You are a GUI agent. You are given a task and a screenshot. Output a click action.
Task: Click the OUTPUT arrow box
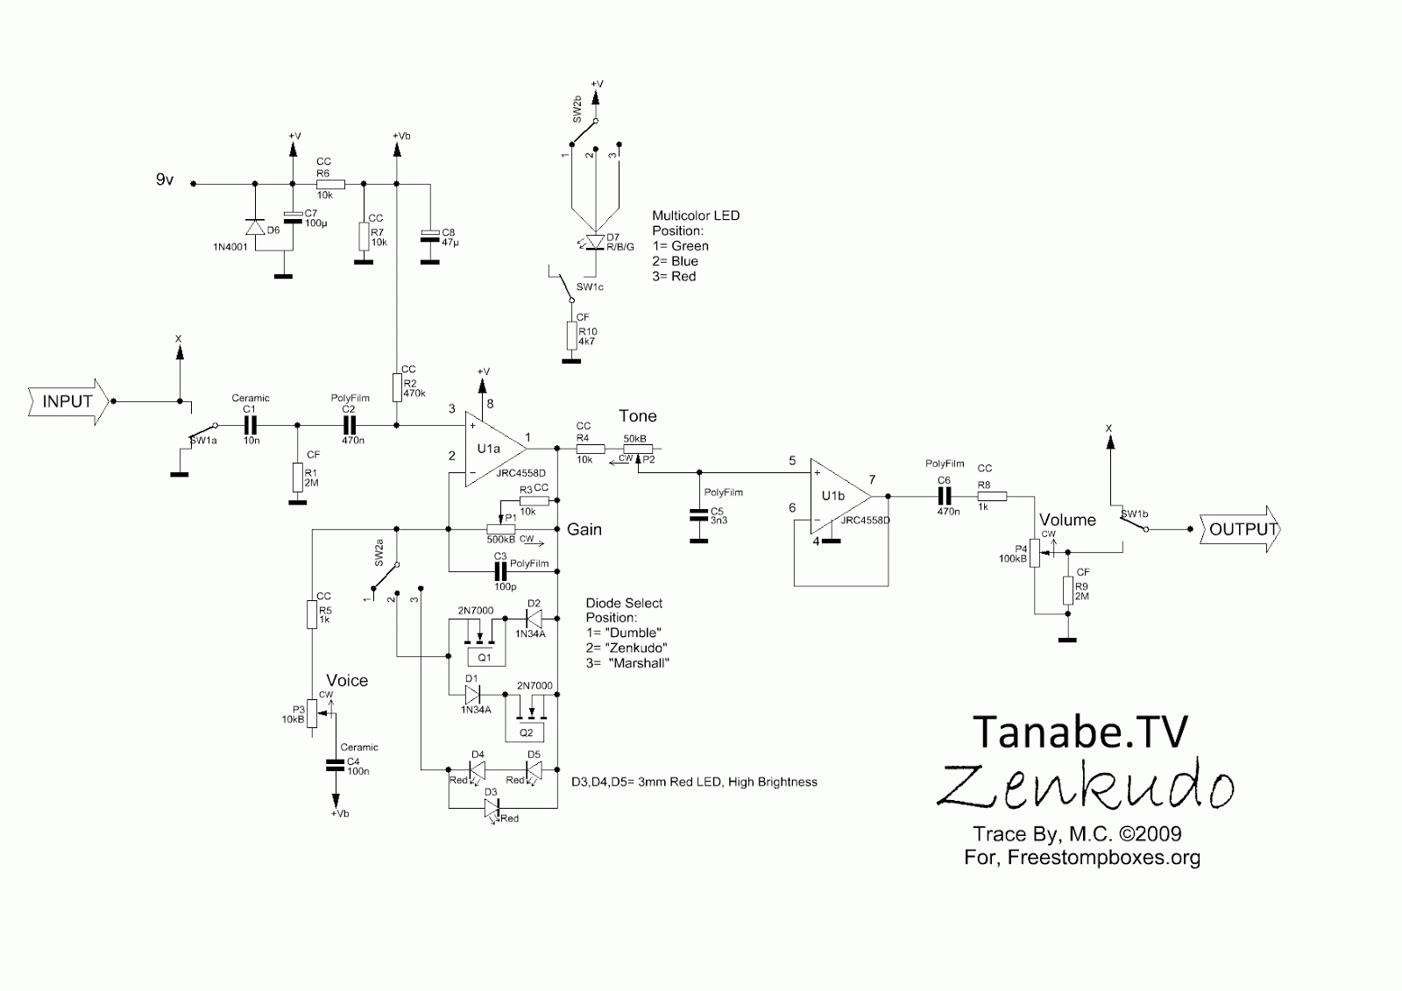pyautogui.click(x=1239, y=529)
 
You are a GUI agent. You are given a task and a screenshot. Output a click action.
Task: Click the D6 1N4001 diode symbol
pyautogui.click(x=254, y=227)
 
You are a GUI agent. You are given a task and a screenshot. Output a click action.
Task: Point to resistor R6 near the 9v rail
pyautogui.click(x=331, y=184)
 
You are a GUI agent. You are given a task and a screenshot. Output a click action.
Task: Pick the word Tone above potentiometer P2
pyautogui.click(x=637, y=416)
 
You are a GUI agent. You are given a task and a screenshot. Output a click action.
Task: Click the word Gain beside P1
pyautogui.click(x=584, y=529)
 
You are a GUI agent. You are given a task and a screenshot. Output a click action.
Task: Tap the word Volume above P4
pyautogui.click(x=1067, y=520)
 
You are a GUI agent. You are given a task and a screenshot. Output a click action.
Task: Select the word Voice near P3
pyautogui.click(x=347, y=681)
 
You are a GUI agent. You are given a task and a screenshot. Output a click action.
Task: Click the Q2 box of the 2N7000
pyautogui.click(x=526, y=732)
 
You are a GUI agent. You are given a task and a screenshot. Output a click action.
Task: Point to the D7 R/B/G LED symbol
pyautogui.click(x=595, y=241)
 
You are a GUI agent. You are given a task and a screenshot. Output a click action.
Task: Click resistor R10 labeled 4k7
pyautogui.click(x=570, y=336)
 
